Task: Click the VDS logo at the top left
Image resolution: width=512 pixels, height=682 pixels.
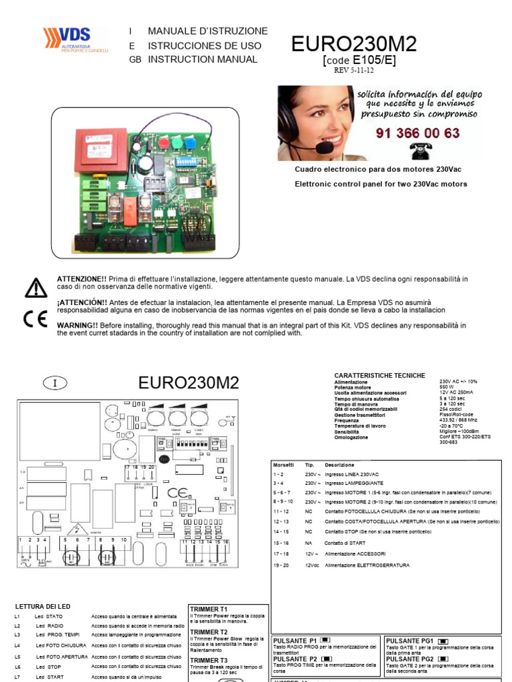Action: pos(74,40)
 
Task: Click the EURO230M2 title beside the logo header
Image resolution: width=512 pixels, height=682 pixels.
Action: pos(354,45)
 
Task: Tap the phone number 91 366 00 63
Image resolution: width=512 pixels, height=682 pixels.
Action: pos(417,133)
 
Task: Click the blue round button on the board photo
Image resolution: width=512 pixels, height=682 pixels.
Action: pos(191,142)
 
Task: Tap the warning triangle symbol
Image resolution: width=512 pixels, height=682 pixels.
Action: pos(36,287)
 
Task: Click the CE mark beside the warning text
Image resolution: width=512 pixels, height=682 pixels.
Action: pos(35,318)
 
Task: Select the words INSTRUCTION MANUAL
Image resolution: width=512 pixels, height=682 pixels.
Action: pos(203,59)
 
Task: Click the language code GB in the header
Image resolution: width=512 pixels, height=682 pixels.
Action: pos(135,59)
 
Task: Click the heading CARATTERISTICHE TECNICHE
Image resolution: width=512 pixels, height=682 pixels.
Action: pos(379,376)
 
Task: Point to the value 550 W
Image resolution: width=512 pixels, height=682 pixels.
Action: pos(446,386)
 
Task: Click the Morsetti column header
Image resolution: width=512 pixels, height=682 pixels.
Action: pos(284,464)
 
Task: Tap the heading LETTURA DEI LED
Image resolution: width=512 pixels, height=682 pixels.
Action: pos(43,606)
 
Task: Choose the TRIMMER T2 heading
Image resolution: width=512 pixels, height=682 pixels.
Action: pos(209,632)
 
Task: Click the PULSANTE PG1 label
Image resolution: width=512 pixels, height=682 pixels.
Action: pos(409,640)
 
